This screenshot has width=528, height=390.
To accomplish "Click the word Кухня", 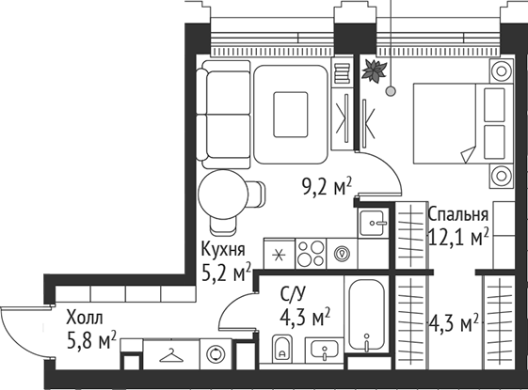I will coord(224,250).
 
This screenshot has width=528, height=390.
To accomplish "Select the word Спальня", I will coord(458,212).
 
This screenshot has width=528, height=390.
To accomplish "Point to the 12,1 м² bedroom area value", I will coord(459,237).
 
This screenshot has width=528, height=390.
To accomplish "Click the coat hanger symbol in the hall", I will coord(170,354).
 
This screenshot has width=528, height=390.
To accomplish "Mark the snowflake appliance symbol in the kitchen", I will coord(278,252).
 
